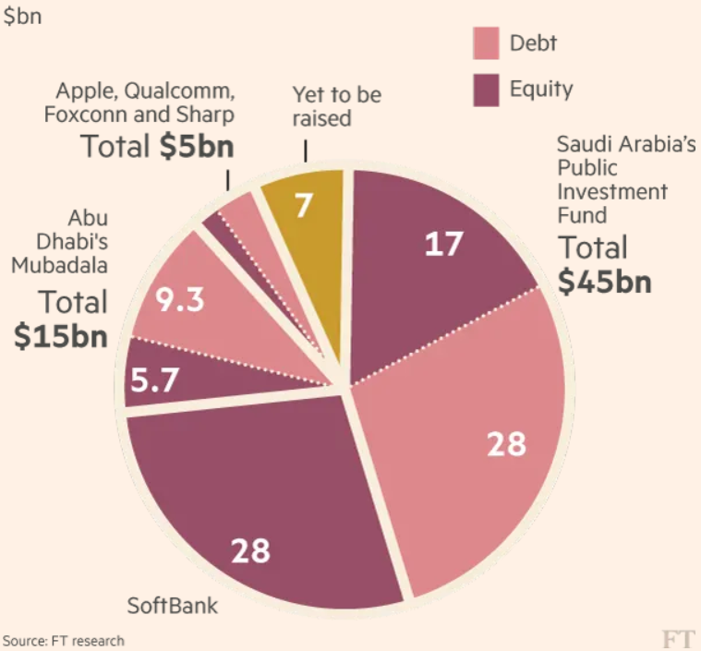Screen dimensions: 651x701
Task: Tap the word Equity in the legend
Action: (x=541, y=90)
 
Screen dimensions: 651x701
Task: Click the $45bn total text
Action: (x=605, y=281)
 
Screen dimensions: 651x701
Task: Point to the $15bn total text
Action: (x=61, y=336)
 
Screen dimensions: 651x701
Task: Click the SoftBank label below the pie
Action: (x=173, y=607)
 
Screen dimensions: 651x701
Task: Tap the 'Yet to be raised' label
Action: (x=337, y=106)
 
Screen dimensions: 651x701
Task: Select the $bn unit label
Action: (x=22, y=17)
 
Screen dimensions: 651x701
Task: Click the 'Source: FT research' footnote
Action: (x=64, y=640)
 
